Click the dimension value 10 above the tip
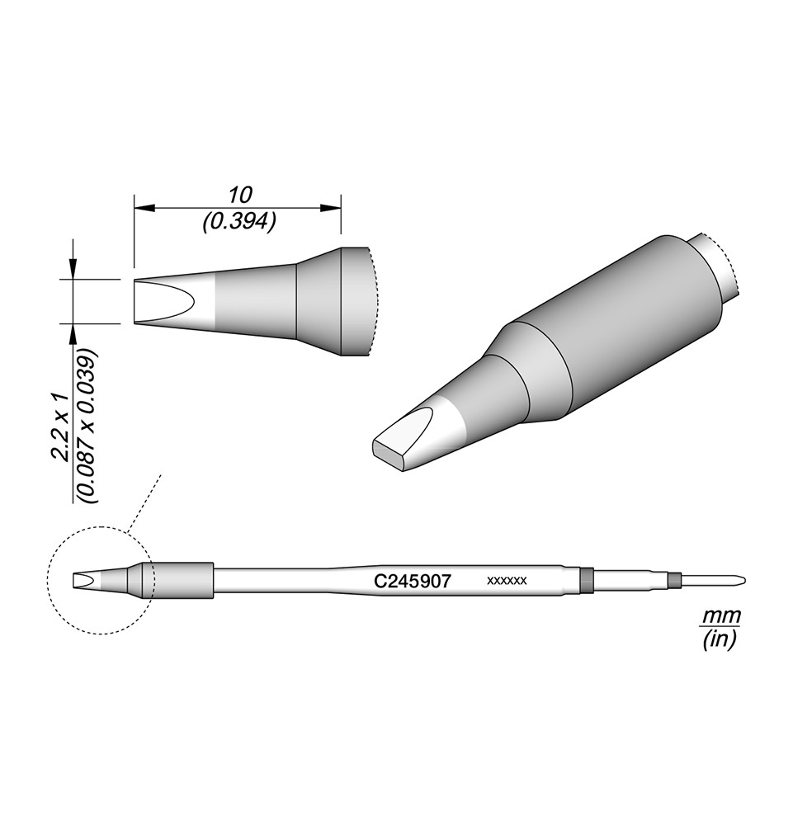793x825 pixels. pyautogui.click(x=240, y=196)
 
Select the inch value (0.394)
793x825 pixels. pyautogui.click(x=239, y=223)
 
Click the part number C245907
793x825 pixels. pyautogui.click(x=412, y=581)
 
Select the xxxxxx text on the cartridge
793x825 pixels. pyautogui.click(x=507, y=581)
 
